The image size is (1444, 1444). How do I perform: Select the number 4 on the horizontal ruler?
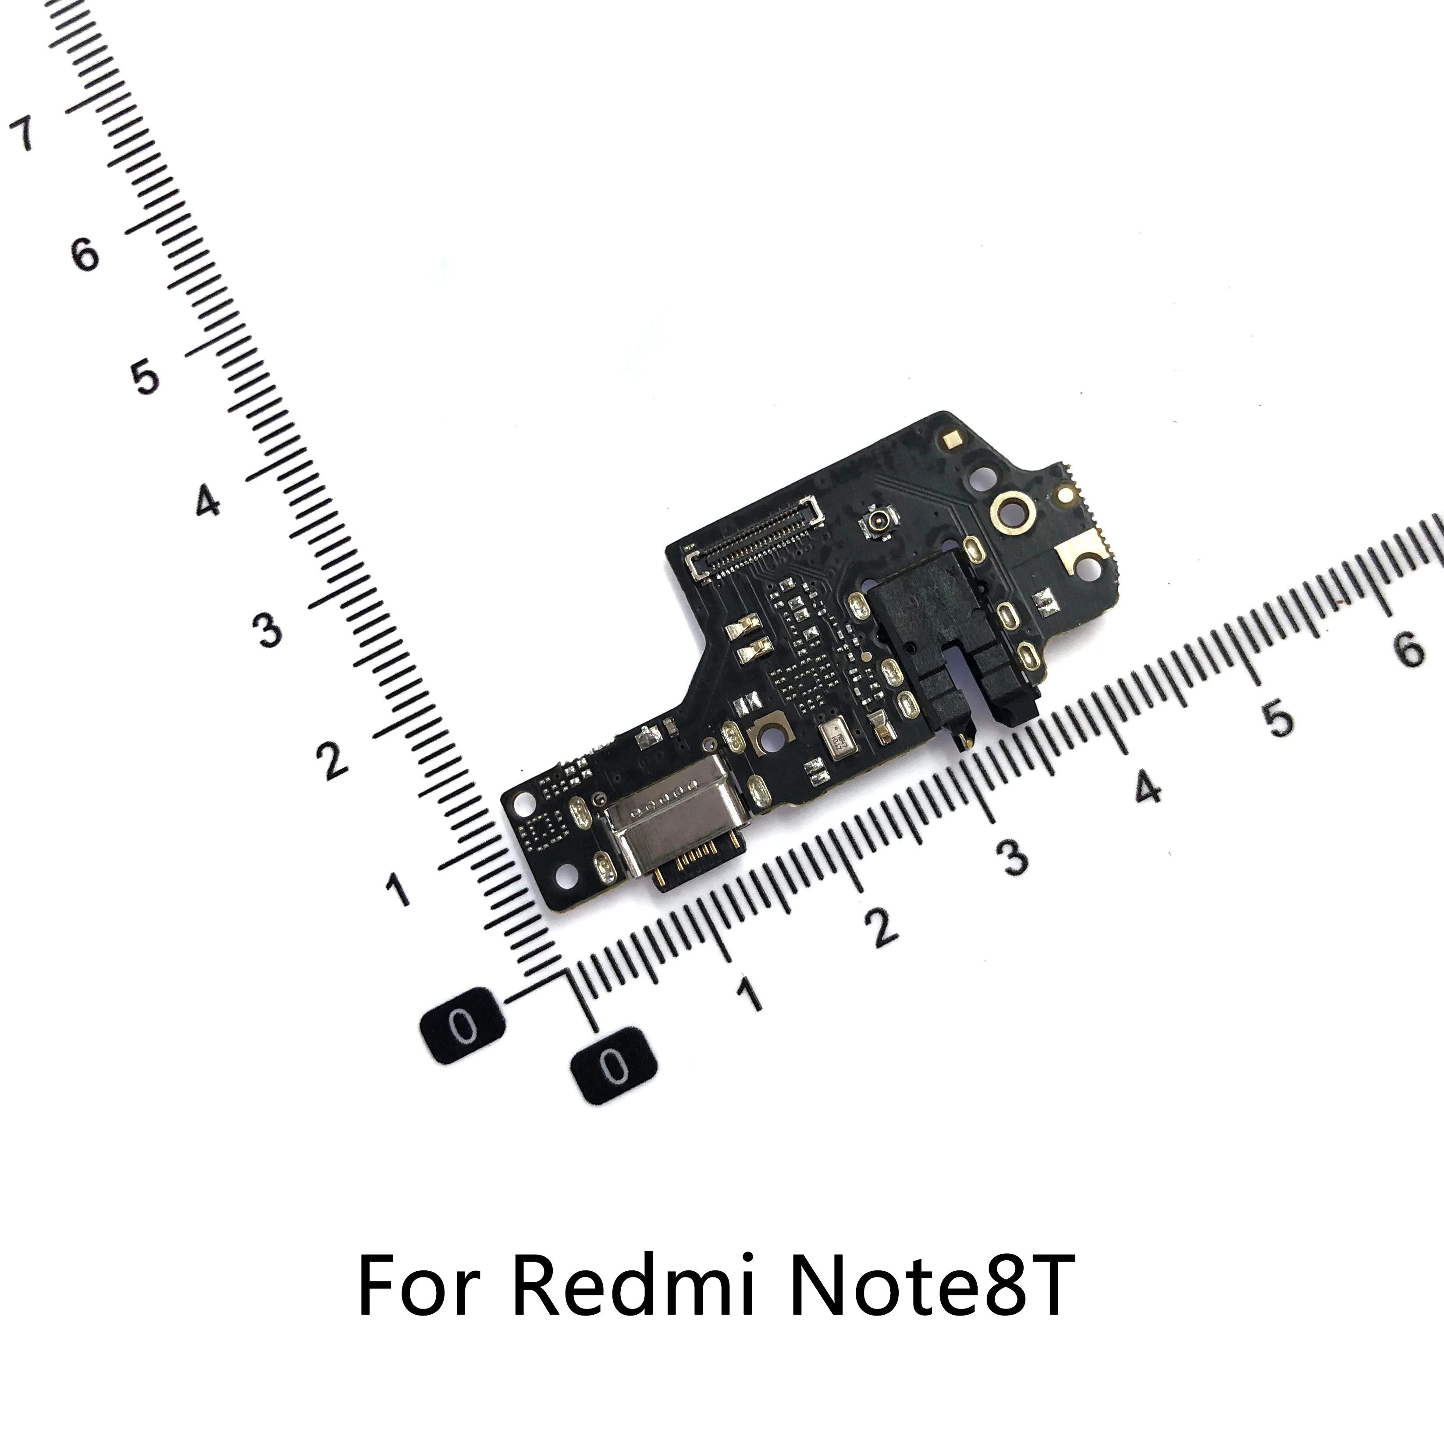(x=1147, y=789)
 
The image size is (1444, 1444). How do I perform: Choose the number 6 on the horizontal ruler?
(x=1409, y=649)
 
